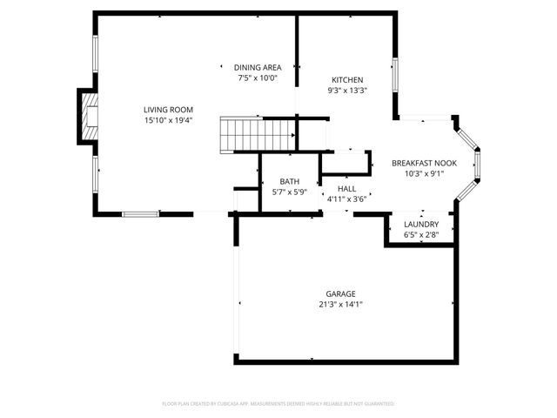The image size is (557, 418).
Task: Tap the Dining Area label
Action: point(257,68)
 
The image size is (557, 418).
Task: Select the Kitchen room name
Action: point(347,80)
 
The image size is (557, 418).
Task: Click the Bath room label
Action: point(290,181)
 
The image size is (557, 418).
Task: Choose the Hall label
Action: point(347,188)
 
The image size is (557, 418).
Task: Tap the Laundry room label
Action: point(421,224)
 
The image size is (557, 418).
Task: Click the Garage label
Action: point(341,293)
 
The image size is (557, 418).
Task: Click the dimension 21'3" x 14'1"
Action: point(341,304)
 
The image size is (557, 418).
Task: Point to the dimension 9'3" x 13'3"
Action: point(347,90)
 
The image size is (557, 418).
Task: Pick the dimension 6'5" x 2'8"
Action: point(421,233)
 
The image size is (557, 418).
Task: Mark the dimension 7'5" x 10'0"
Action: point(257,78)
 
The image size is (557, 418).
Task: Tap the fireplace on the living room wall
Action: point(89,115)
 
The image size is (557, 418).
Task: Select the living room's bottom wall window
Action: point(139,213)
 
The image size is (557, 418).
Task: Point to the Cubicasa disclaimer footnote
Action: point(278,404)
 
